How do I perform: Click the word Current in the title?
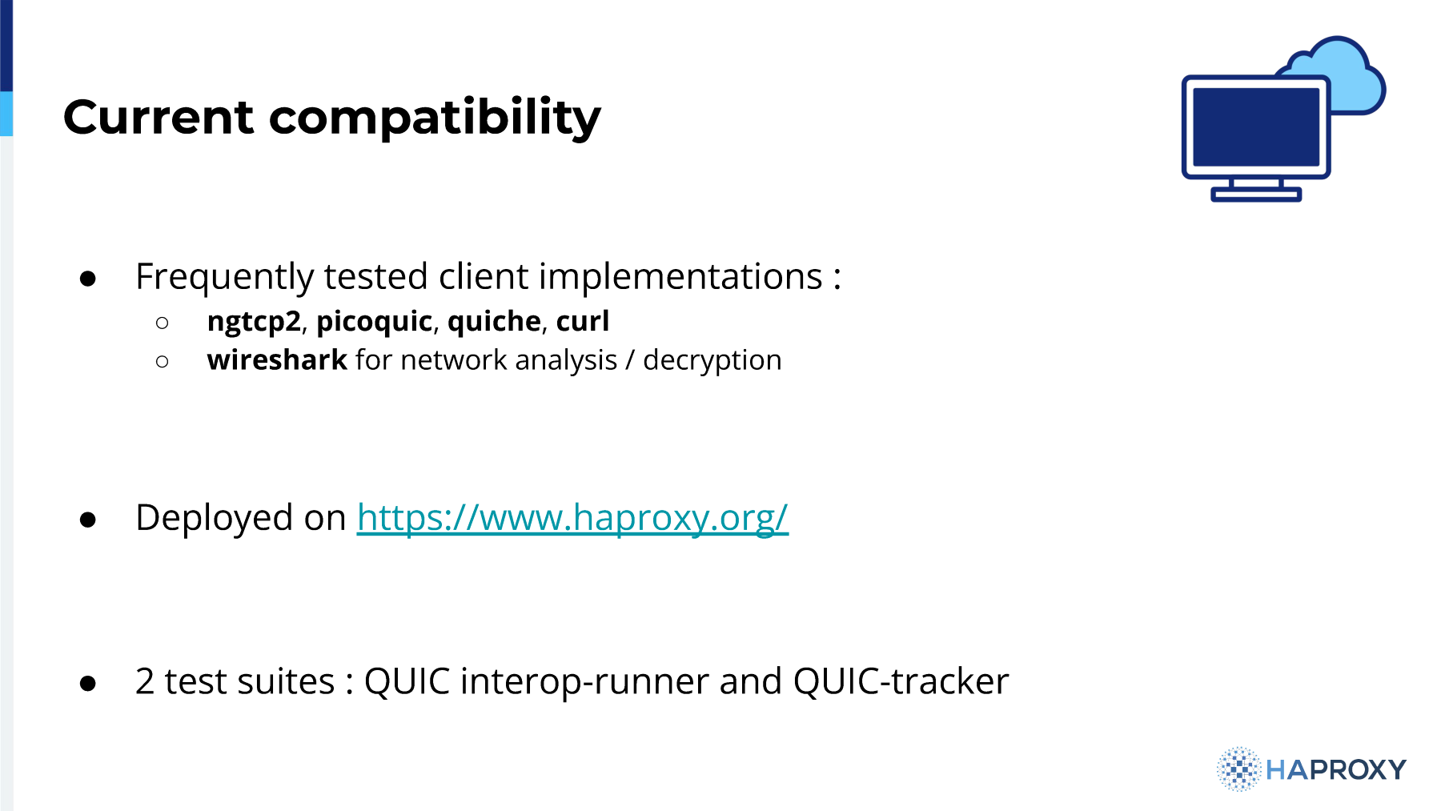point(159,117)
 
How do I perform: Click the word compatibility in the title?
point(435,118)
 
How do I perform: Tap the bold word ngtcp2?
point(254,322)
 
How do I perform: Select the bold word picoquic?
point(375,322)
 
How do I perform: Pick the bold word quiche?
point(494,321)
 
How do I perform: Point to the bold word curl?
point(583,321)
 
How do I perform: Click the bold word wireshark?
point(277,360)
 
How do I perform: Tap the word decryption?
point(712,361)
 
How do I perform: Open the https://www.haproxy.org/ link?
point(572,518)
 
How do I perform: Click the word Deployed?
point(214,518)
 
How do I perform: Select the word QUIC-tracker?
point(901,681)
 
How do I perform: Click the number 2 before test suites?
point(145,681)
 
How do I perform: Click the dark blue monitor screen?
point(1255,126)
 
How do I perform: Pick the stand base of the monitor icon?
point(1256,194)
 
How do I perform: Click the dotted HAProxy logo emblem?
point(1238,769)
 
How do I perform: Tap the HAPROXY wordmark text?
point(1336,770)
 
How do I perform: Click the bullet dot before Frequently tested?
point(88,279)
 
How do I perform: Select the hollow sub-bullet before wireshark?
point(163,362)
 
